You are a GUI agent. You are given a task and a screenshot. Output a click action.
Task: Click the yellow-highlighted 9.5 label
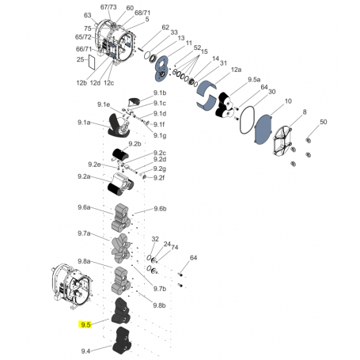pyautogui.click(x=85, y=324)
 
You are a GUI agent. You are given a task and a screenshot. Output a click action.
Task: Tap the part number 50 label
pyautogui.click(x=324, y=122)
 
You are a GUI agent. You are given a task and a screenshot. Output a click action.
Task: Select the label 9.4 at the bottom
pyautogui.click(x=85, y=351)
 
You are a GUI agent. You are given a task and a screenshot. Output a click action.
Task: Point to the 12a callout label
pyautogui.click(x=236, y=70)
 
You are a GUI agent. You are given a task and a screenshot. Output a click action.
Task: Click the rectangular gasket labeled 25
pyautogui.click(x=91, y=63)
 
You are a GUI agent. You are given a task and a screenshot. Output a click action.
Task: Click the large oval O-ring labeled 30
pyautogui.click(x=247, y=120)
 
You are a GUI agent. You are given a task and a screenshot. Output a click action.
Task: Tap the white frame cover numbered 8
pyautogui.click(x=282, y=141)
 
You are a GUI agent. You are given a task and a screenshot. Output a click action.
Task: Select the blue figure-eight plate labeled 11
pyautogui.click(x=161, y=68)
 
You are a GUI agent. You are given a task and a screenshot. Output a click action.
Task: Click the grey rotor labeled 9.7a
pyautogui.click(x=121, y=248)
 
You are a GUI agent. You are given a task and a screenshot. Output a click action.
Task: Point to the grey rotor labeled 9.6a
pyautogui.click(x=121, y=218)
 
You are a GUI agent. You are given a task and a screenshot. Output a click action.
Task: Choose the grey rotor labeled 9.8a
pyautogui.click(x=121, y=280)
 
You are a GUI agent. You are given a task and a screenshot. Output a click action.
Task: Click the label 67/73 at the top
pyautogui.click(x=108, y=7)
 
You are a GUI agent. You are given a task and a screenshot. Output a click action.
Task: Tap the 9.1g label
pyautogui.click(x=160, y=135)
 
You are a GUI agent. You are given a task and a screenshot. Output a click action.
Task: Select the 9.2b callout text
pyautogui.click(x=135, y=144)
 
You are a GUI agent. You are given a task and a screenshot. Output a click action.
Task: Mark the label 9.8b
pyautogui.click(x=159, y=305)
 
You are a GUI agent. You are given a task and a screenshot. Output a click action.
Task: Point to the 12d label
pyautogui.click(x=95, y=83)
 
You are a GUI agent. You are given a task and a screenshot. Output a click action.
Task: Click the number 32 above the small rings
pyautogui.click(x=155, y=239)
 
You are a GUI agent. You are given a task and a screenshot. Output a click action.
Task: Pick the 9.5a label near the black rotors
pyautogui.click(x=254, y=79)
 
